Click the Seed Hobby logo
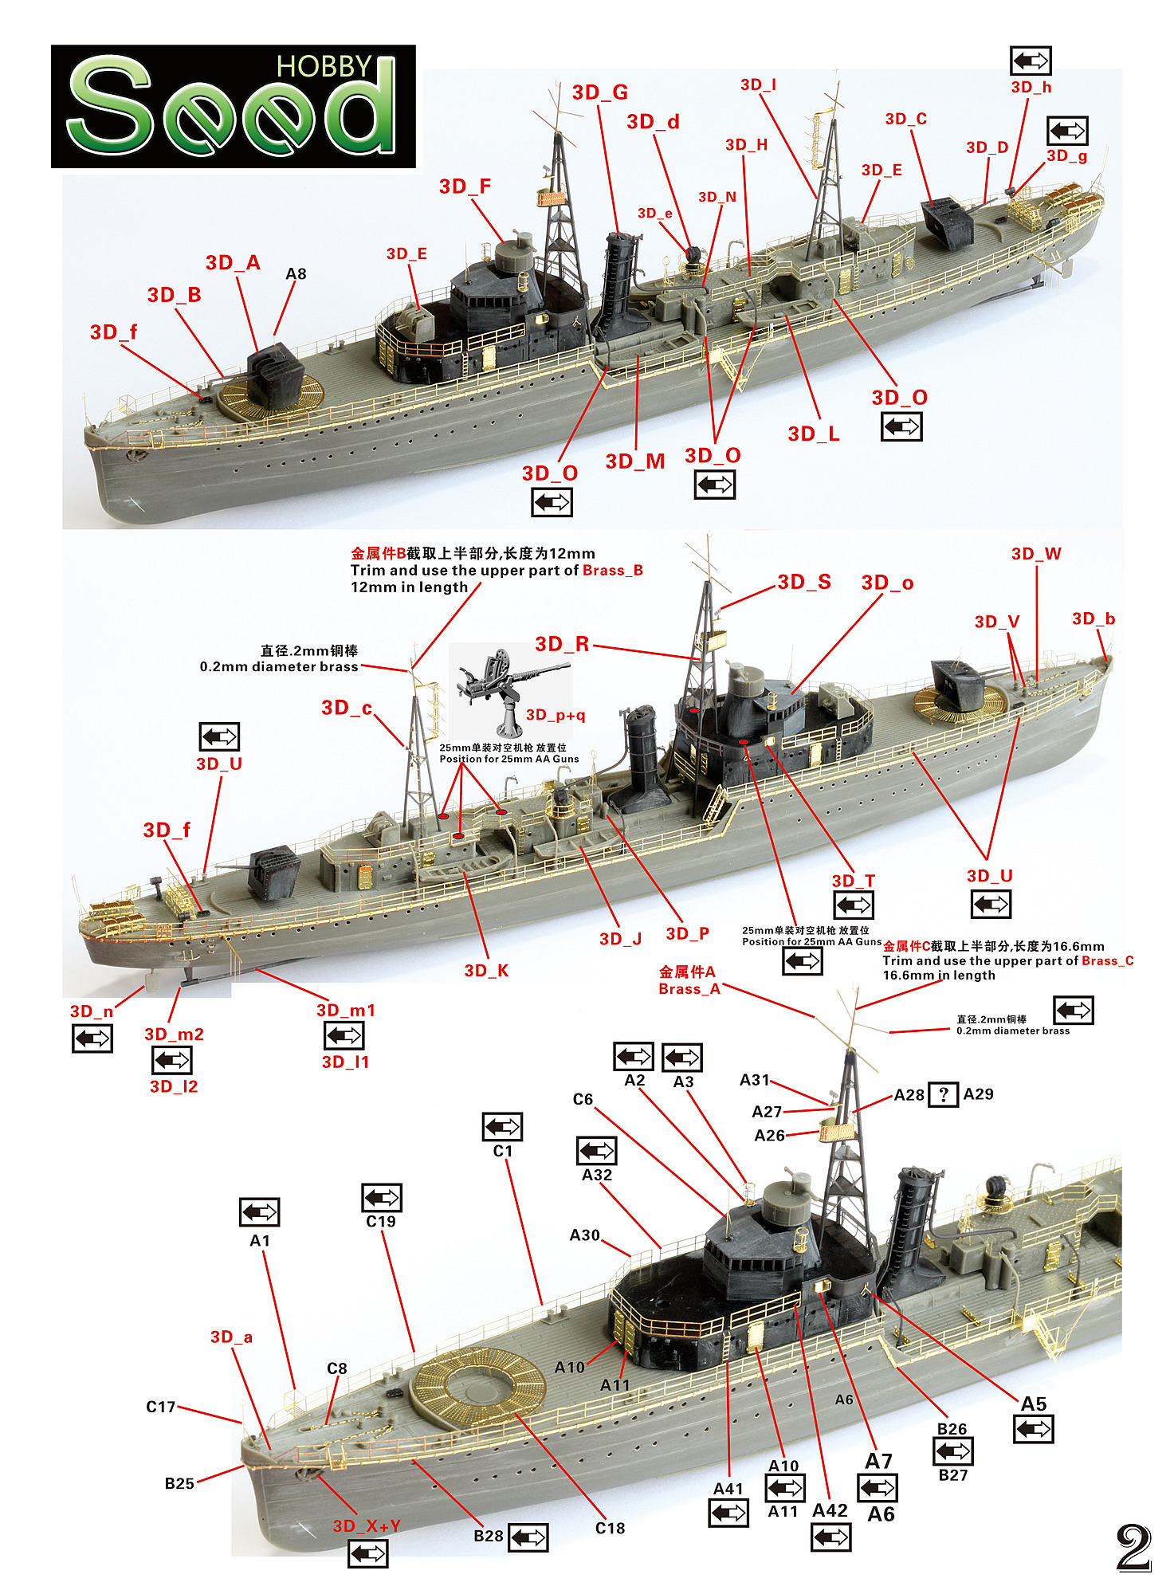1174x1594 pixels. (233, 106)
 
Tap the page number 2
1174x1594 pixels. (1133, 1548)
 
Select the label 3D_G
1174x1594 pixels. (599, 92)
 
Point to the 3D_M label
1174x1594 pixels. (634, 461)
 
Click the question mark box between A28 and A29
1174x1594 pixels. (944, 1094)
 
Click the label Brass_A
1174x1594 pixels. (689, 988)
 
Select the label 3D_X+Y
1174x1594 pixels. (367, 1525)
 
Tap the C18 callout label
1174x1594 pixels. (610, 1528)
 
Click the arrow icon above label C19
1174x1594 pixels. (382, 1197)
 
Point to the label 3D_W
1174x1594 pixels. (1036, 554)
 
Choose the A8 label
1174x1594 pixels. (296, 274)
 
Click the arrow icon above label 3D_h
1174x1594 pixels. (1031, 61)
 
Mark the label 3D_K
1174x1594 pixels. (486, 970)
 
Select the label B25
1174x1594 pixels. (179, 1483)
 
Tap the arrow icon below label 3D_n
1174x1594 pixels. (92, 1038)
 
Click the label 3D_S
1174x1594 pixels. (803, 582)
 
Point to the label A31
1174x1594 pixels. (754, 1080)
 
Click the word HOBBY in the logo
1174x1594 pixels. (324, 67)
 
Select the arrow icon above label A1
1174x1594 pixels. (259, 1212)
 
